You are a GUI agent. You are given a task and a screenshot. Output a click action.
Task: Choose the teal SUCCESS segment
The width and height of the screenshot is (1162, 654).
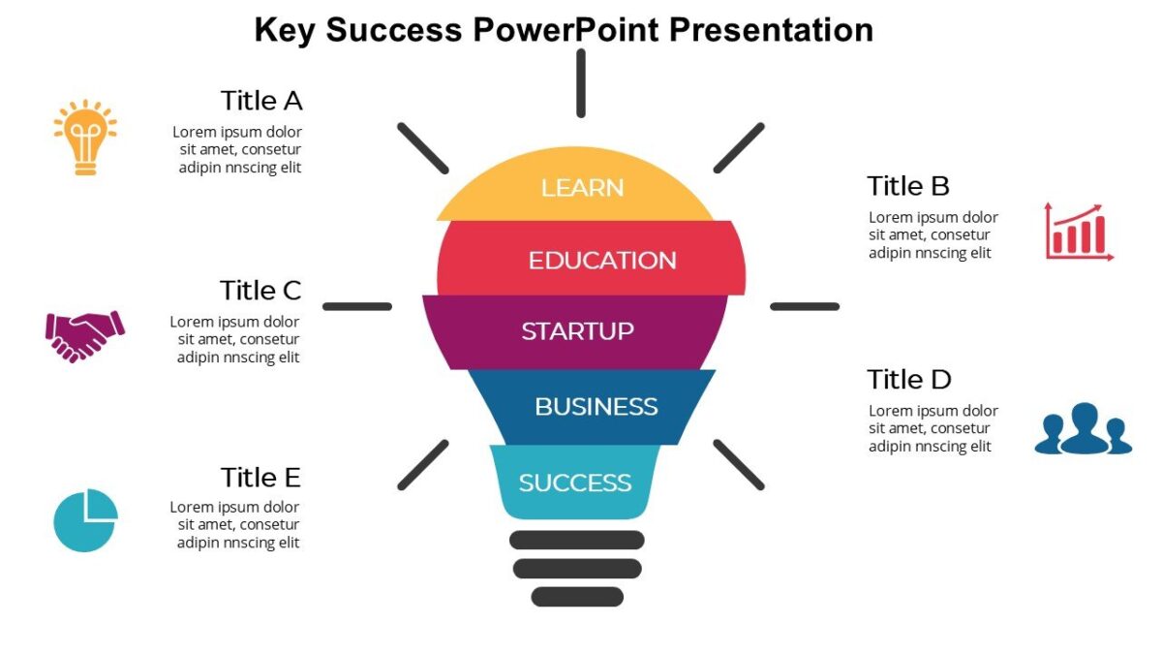point(575,482)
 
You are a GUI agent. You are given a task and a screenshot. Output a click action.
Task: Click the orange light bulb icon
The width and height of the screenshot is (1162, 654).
point(85,137)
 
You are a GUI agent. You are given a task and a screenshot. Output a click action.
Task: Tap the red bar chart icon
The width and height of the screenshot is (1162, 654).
point(1079,232)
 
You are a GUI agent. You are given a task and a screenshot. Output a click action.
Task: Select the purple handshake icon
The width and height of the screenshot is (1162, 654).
point(85,335)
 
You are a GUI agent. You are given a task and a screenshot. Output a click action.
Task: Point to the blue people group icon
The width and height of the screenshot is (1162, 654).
point(1083,429)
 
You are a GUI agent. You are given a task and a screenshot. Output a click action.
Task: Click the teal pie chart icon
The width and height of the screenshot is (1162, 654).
point(85,520)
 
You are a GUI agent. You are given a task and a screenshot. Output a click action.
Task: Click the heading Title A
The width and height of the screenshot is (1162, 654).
point(261,101)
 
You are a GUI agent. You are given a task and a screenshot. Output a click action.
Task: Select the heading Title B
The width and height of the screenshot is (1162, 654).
point(908,186)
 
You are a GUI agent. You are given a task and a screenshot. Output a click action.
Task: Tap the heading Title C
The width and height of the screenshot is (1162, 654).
point(260,291)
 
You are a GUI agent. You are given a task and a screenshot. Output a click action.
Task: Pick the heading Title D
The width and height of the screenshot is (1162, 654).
point(909,379)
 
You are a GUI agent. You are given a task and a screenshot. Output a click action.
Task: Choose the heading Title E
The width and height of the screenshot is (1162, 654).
point(260,478)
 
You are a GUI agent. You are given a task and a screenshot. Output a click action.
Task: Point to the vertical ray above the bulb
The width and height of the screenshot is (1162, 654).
point(581,83)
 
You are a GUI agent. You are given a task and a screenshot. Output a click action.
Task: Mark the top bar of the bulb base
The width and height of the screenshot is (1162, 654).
point(577,540)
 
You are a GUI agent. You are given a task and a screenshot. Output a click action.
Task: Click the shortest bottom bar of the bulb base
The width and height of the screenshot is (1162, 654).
point(577,597)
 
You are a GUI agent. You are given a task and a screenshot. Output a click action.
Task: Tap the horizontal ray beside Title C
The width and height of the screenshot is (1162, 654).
point(357,306)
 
